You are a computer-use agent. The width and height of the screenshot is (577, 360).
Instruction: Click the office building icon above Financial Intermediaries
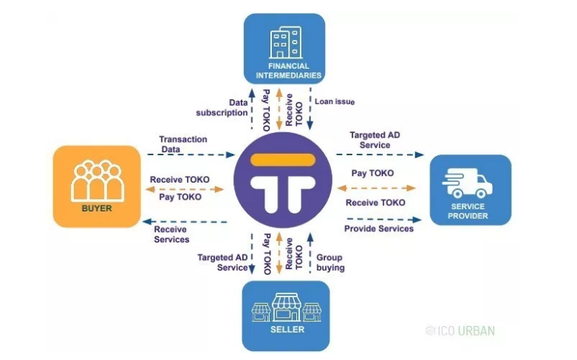point(286,42)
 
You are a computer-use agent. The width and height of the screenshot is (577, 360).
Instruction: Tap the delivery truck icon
point(468,183)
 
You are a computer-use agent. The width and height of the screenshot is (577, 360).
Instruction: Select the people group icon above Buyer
point(97,180)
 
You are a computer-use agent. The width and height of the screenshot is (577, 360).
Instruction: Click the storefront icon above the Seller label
point(287,308)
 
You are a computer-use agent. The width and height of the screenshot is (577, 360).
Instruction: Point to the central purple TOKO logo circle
point(283,180)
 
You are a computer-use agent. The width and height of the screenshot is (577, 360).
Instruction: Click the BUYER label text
point(97,208)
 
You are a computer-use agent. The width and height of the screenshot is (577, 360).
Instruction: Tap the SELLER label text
point(287,330)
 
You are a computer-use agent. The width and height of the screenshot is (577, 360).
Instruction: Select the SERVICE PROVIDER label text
point(468,211)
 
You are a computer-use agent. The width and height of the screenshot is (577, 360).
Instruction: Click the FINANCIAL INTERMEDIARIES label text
point(289,71)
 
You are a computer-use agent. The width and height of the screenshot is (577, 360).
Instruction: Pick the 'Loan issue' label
point(335,101)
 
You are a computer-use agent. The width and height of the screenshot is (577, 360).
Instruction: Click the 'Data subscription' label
point(222,107)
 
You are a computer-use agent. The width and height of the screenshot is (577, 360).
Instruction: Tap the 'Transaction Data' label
point(183,144)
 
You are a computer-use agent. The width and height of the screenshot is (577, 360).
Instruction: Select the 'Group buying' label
point(330,262)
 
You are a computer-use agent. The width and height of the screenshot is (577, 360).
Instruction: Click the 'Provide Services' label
point(379,228)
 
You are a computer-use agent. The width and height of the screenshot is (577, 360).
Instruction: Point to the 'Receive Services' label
point(171,234)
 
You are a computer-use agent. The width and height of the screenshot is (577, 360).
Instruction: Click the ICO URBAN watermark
point(460,331)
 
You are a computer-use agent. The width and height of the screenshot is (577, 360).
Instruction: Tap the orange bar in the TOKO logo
point(283,160)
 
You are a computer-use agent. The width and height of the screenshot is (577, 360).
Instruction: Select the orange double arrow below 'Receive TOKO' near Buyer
point(185,189)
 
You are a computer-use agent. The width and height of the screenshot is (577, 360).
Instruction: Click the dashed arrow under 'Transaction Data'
point(191,154)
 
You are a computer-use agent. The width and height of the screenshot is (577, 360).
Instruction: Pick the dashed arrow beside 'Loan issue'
point(310,109)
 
